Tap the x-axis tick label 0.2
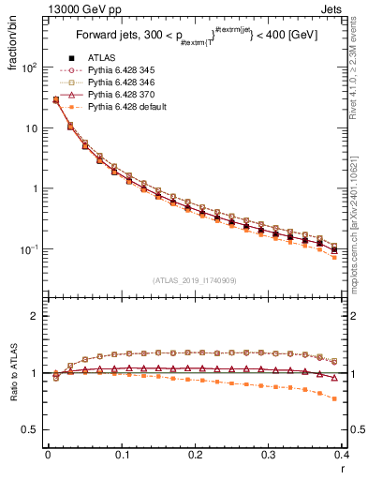click(x=195, y=454)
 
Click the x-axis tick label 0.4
click(x=342, y=454)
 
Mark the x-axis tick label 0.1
click(x=121, y=454)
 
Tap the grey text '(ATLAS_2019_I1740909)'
click(x=195, y=280)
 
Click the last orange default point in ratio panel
click(x=334, y=399)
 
